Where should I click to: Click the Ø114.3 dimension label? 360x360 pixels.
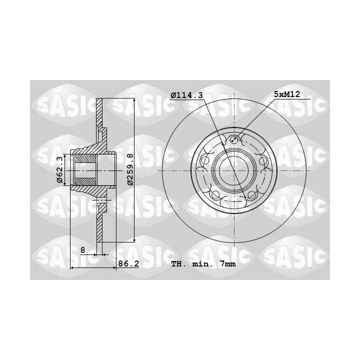click(x=186, y=95)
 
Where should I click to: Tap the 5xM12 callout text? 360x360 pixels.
click(x=287, y=94)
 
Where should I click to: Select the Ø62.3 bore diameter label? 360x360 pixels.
click(x=59, y=169)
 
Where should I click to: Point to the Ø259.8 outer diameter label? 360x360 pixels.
click(x=130, y=169)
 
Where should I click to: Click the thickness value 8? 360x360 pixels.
click(x=83, y=250)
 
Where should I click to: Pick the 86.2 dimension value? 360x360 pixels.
click(x=128, y=264)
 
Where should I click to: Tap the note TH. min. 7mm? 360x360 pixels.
click(x=203, y=264)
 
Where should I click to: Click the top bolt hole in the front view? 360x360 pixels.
click(x=233, y=139)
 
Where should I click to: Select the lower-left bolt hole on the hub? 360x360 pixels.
click(x=215, y=195)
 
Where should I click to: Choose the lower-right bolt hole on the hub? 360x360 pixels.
click(x=251, y=195)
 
